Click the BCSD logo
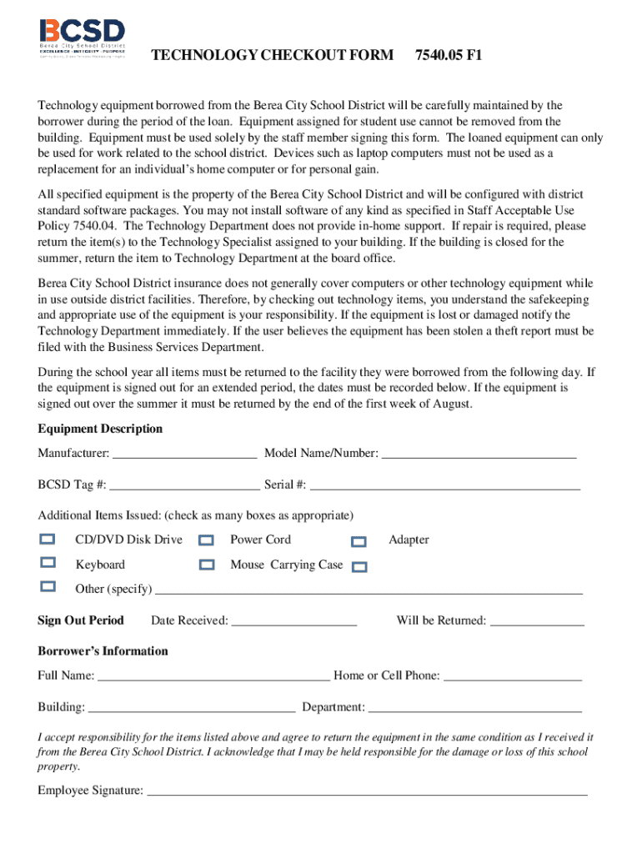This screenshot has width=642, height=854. coord(82,38)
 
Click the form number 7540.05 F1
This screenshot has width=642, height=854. coord(449,56)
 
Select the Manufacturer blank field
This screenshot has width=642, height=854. coord(184,454)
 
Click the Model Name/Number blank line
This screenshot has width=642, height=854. coord(479,454)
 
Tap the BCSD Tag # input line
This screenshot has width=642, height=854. coord(184,485)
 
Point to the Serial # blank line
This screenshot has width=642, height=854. coord(444,485)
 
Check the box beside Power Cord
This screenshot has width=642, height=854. coord(207,540)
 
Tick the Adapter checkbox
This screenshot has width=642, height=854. coord(359,541)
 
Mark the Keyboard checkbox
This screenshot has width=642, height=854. coord(48,563)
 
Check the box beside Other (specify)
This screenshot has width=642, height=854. coord(48,586)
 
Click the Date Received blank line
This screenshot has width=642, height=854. coord(293,621)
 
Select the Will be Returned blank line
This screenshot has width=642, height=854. coord(537,621)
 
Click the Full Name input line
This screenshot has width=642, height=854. coord(213,676)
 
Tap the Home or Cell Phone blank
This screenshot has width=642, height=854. coord(512,676)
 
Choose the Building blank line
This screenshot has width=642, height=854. coord(191,708)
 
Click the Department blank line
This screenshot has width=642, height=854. coord(474,708)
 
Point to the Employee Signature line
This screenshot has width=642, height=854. coord(367,791)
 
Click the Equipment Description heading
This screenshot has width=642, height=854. coord(100,429)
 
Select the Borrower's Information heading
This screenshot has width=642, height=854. coord(103,651)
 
